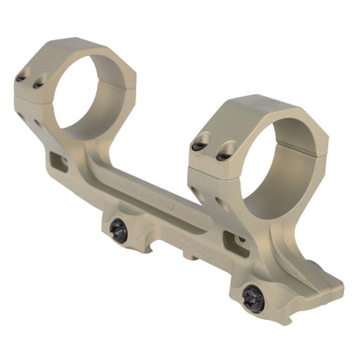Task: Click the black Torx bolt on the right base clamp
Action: (x=251, y=297)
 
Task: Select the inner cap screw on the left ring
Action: (x=39, y=85)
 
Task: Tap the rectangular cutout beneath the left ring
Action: (x=60, y=162)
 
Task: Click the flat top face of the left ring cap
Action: (x=75, y=44)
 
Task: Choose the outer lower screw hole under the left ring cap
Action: (x=21, y=118)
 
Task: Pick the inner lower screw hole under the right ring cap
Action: (x=221, y=198)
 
